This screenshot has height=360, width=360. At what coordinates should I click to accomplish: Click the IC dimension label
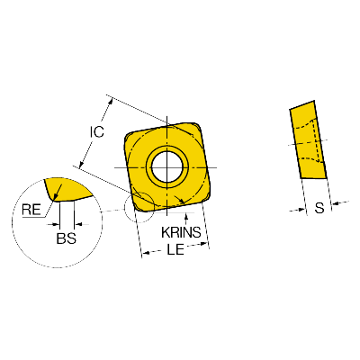coord(97,131)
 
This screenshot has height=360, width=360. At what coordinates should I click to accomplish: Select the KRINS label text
coord(181,232)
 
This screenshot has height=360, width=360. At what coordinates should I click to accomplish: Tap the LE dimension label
coord(175,249)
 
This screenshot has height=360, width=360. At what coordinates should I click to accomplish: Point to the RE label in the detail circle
coord(31,210)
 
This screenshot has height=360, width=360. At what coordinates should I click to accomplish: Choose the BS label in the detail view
coord(67,238)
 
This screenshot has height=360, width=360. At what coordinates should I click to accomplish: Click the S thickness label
coord(319,208)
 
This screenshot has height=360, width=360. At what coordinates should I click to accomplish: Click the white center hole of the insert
coord(167,166)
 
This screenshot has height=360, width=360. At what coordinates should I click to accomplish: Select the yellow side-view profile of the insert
coord(308,139)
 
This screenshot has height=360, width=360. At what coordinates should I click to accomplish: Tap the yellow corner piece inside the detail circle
coord(67,189)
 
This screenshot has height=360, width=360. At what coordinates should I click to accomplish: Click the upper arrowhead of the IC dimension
coord(111,102)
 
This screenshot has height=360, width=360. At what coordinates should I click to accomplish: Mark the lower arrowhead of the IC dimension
coord(81,164)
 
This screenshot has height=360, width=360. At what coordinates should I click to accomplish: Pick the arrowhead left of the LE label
coord(146,254)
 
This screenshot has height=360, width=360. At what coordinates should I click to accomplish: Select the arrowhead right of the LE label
coord(204,244)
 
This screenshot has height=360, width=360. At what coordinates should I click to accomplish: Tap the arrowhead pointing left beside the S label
coord(336,204)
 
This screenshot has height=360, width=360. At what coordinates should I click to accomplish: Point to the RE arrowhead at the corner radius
coord(56,197)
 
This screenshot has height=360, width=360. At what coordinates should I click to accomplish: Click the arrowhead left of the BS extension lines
coord(56,224)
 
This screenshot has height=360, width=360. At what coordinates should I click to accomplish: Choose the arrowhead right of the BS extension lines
coord(77,224)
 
